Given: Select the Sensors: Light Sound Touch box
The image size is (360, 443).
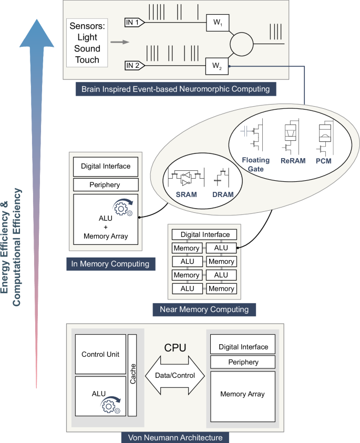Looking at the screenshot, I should point(87,43).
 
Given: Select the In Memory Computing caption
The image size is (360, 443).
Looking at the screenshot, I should point(111,264).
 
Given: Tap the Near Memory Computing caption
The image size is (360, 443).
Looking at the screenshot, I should point(204,309).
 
